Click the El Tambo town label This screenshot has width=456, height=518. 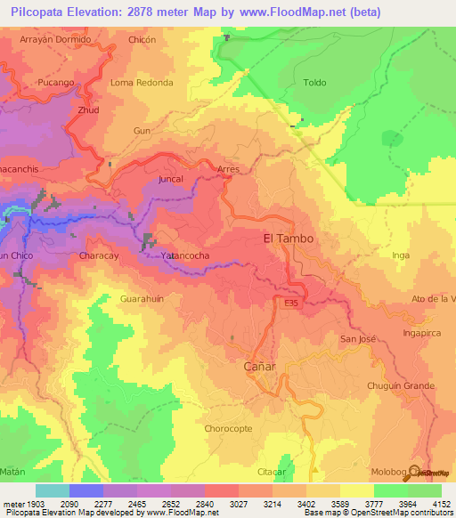[289, 239]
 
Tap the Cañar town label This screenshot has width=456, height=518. [260, 367]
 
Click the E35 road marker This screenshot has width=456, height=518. [290, 304]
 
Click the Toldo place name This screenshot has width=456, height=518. [315, 83]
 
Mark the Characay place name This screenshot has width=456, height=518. [100, 255]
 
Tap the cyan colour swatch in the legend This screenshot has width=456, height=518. [52, 490]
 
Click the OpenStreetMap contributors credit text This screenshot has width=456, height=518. [398, 513]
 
